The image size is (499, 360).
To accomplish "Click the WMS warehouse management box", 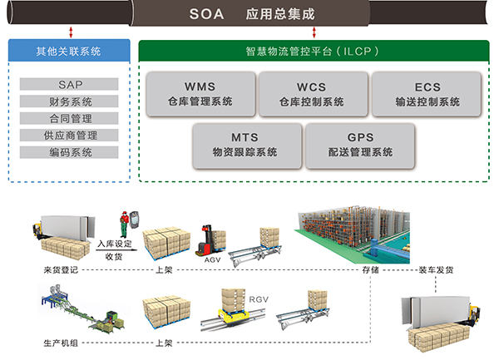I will [x=200, y=93].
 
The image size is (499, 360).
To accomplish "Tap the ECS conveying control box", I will [x=427, y=93].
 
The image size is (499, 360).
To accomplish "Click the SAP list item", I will [x=70, y=85].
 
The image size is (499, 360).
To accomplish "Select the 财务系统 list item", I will [x=70, y=101].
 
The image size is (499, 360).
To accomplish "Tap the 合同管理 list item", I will [x=70, y=118].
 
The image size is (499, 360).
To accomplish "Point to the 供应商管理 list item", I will [x=70, y=135].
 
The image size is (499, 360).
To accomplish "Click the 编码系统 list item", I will [x=70, y=152].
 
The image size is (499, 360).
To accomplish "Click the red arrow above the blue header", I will [x=72, y=32].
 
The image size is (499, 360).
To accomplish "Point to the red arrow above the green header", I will [x=314, y=32].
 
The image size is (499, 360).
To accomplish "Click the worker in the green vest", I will [x=126, y=223].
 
